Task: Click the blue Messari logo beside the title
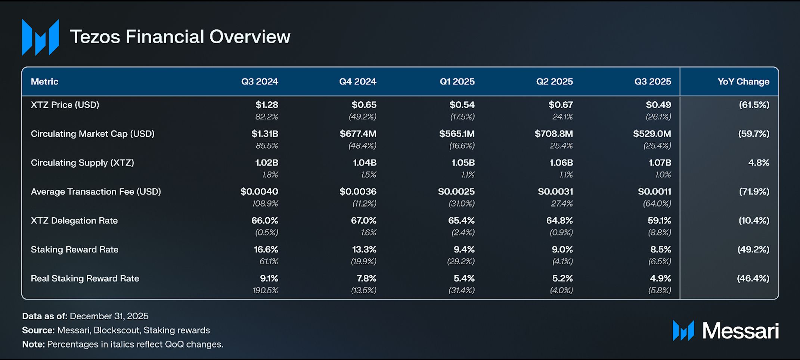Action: (x=40, y=37)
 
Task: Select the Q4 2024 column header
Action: (x=357, y=81)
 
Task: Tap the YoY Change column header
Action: (x=743, y=81)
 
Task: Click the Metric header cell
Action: (x=44, y=81)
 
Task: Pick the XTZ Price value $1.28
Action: (x=267, y=105)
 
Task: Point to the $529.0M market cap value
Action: (x=652, y=134)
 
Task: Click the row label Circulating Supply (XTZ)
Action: (x=82, y=163)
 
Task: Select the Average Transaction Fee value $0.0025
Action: (x=456, y=192)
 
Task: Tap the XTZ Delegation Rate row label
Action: (x=74, y=221)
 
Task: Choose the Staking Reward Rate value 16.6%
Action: (x=266, y=249)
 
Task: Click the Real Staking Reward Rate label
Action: (x=85, y=279)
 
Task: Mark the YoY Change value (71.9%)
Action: (x=754, y=192)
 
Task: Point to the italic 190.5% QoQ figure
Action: (x=265, y=290)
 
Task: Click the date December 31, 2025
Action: (x=109, y=316)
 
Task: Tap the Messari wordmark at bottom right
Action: (x=740, y=331)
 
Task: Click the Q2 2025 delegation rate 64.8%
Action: (x=559, y=221)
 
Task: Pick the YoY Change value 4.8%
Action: (x=759, y=163)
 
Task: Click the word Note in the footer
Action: (x=33, y=344)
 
